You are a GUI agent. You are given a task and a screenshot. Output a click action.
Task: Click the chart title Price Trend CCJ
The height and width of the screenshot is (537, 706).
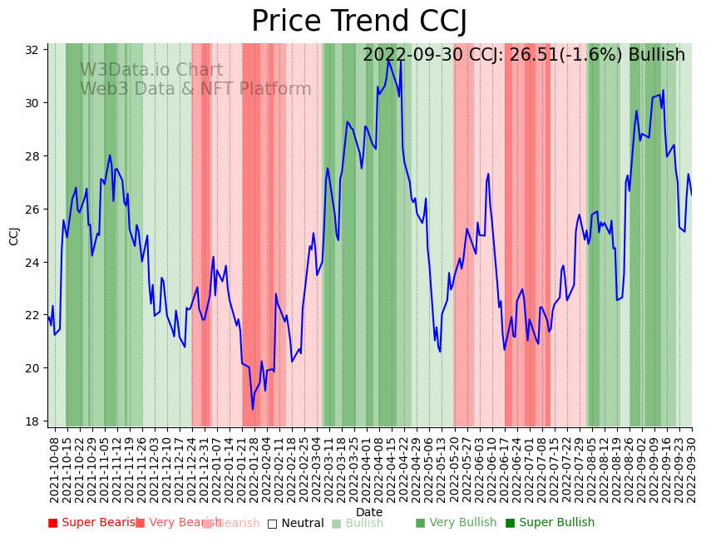point(359,21)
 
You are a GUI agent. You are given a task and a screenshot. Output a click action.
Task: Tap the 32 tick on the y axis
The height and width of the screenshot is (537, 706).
point(32,50)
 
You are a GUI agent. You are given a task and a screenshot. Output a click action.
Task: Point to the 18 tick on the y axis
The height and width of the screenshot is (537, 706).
point(32,421)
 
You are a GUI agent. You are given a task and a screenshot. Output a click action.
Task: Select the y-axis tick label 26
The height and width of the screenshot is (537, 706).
point(32,209)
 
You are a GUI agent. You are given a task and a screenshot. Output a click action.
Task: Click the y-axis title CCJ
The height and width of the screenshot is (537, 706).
point(14,235)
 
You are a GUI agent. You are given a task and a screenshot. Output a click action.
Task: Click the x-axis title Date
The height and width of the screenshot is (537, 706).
point(369,512)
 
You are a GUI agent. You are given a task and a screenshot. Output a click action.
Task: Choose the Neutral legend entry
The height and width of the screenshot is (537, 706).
point(295,524)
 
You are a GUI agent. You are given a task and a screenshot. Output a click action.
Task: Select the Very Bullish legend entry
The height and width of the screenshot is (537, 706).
point(456,523)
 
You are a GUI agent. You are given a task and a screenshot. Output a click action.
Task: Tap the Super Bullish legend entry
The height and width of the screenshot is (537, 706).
point(550,523)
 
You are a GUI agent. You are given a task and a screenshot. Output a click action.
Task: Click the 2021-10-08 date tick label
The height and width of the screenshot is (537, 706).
point(55,469)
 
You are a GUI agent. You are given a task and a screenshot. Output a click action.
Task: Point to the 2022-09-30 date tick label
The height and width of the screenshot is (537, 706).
point(691,469)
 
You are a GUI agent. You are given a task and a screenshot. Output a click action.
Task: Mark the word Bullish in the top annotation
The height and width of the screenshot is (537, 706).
point(657,56)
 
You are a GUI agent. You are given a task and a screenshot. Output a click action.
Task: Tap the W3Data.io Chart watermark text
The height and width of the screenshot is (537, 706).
point(151,71)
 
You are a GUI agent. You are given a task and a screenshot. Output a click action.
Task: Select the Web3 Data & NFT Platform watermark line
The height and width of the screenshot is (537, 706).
point(195,89)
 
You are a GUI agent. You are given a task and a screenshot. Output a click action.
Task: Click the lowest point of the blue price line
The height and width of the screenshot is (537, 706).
point(253,409)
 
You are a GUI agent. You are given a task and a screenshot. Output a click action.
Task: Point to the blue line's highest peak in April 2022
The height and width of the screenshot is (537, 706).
point(401,61)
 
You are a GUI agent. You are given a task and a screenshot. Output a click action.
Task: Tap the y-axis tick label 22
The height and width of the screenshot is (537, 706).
point(32,315)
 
